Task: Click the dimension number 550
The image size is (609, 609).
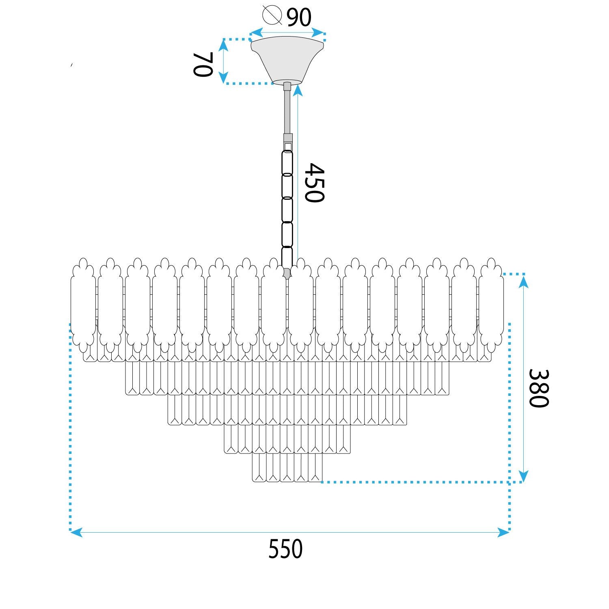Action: click(x=285, y=549)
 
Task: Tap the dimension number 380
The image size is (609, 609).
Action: click(x=538, y=388)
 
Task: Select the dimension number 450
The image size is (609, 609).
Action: click(x=315, y=183)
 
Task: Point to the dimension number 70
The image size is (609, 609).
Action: click(x=203, y=65)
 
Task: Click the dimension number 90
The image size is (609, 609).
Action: click(x=299, y=17)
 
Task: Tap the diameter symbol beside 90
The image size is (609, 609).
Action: click(x=272, y=15)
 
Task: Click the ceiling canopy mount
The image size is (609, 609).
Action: click(x=287, y=59)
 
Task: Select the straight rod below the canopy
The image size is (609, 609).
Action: click(x=287, y=110)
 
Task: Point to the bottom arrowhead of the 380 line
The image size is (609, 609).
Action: click(x=524, y=476)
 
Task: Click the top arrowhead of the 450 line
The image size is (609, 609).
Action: click(x=298, y=90)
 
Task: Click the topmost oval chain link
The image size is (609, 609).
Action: click(x=287, y=162)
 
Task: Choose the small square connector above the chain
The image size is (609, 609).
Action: click(x=288, y=146)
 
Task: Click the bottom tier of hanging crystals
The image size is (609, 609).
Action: click(x=287, y=467)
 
